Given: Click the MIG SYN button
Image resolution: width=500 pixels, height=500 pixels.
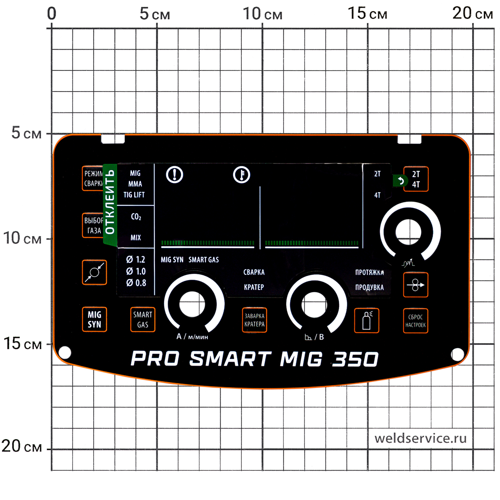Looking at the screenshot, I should coord(94,319).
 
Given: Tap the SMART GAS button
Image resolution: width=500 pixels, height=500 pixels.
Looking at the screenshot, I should coord(143,319).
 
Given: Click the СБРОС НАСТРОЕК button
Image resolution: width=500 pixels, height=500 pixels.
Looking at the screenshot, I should coord(415,321).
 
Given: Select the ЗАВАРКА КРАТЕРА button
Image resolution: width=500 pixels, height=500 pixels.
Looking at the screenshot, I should coord(254,320).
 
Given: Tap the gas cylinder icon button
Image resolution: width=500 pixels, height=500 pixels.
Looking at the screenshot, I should coord(367,320).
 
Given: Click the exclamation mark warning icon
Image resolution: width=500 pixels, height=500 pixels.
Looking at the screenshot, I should coord(174,174).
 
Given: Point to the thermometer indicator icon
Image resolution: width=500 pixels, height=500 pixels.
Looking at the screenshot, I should coord(241,175).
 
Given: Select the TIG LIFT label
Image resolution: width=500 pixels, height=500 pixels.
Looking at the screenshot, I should coord(134,195).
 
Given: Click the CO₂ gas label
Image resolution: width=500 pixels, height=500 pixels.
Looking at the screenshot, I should coord(136,217).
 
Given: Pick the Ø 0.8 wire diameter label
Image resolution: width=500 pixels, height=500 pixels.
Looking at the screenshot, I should coord(136,283).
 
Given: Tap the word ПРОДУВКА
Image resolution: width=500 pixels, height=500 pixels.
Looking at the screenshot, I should coord(369,287).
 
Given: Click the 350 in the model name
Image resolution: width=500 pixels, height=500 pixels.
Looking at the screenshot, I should coord(355,359).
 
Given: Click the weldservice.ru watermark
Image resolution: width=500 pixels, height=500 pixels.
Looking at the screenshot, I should coord(420,438).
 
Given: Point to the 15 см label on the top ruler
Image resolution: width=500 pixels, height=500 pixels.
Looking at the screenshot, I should coord(367,14).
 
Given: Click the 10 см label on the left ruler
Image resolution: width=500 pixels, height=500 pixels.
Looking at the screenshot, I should coord(22,238).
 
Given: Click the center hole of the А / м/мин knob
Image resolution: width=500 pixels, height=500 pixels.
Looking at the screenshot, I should coord(192,304).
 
